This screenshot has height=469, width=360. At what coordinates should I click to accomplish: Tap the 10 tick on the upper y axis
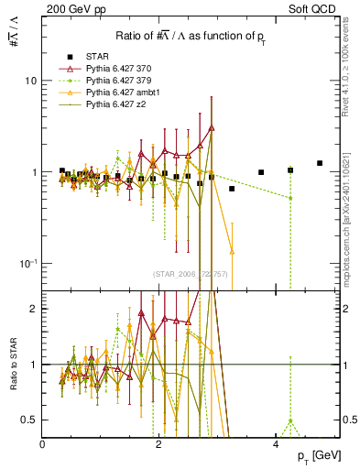[x=30, y=81]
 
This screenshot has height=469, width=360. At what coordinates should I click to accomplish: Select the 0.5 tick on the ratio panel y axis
[x=30, y=420]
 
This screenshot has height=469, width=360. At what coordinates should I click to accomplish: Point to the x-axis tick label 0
[x=43, y=444]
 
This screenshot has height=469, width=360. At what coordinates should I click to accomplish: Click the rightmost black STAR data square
[x=320, y=163]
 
